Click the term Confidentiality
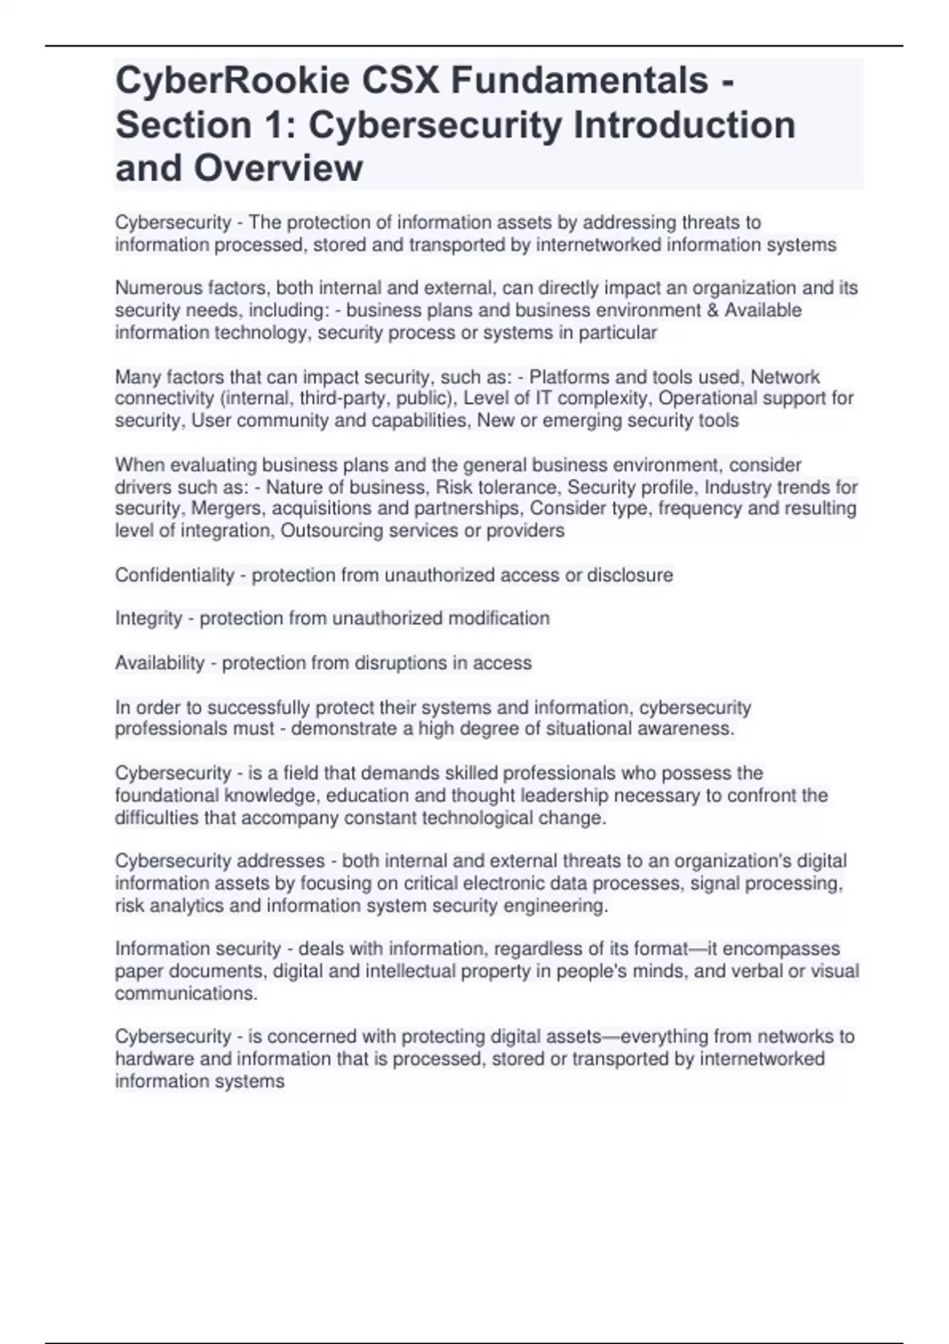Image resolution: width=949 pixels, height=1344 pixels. (x=174, y=575)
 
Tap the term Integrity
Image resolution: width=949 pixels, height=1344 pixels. (x=149, y=618)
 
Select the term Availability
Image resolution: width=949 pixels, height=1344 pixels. (x=160, y=663)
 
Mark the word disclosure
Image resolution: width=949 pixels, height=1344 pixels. (x=630, y=575)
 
